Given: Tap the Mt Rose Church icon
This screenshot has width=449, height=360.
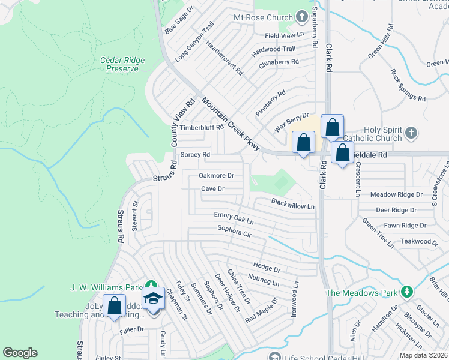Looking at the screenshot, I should pos(302,17).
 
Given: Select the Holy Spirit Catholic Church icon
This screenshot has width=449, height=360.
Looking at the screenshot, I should pos(411,133).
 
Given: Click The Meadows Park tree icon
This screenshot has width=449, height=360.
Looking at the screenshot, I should pos(408,292).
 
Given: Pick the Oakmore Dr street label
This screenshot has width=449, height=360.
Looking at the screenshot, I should pos(215,176).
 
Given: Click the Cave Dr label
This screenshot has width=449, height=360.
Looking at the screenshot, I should pos(212,188).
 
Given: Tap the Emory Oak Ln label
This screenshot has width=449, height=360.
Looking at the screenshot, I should pos(234,218).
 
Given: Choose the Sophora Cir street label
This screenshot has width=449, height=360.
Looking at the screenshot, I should pos(242,232).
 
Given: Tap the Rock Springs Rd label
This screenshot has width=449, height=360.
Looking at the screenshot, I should pos(408,86).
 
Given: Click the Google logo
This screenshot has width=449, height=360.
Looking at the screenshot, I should pos(20,353).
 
